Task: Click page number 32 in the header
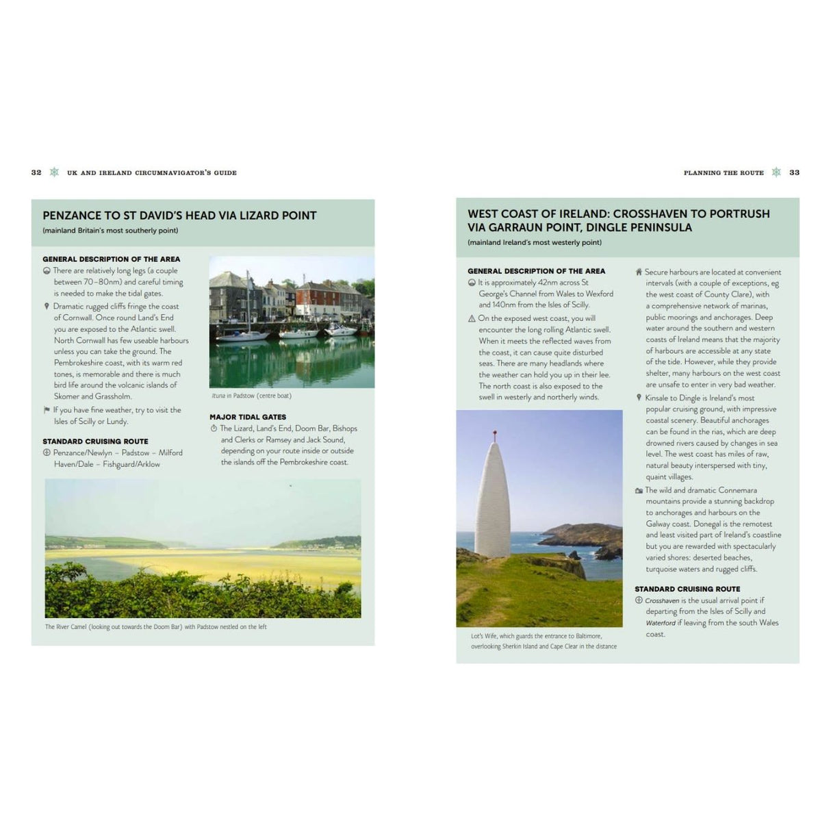(x=36, y=172)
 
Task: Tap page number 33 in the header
(x=794, y=172)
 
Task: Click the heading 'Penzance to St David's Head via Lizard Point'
(x=179, y=216)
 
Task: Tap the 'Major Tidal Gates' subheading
(x=248, y=417)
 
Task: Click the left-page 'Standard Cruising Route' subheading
(x=95, y=442)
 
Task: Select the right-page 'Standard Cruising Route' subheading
(x=687, y=589)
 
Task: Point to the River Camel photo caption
(x=156, y=627)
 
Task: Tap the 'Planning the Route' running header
(x=724, y=172)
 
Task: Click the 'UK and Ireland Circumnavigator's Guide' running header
(x=151, y=172)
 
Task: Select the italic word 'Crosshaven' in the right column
(x=662, y=600)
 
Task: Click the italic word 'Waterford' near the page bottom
(x=661, y=623)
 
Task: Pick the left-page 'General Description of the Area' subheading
(x=111, y=259)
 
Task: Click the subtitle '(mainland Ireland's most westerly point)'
(x=535, y=242)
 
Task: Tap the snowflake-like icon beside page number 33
(x=776, y=172)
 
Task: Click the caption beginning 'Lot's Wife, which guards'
(x=544, y=641)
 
